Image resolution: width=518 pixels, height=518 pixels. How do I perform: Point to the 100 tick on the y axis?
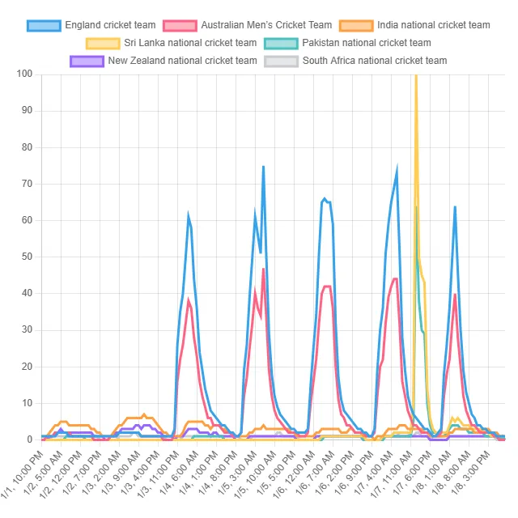click(24, 74)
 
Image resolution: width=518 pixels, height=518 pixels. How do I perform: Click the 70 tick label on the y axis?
click(27, 184)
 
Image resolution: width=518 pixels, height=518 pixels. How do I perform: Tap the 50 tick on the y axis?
click(27, 257)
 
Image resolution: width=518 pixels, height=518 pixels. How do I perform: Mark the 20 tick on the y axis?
click(27, 367)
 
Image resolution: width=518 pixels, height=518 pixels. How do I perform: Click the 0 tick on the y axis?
click(29, 439)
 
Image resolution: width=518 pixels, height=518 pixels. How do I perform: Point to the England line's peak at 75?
click(263, 167)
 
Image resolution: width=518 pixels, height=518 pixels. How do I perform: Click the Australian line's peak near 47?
click(264, 269)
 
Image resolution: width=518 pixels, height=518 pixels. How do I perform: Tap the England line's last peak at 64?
click(455, 207)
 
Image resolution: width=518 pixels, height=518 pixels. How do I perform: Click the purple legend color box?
click(87, 61)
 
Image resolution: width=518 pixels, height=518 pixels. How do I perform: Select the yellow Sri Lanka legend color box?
click(103, 43)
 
